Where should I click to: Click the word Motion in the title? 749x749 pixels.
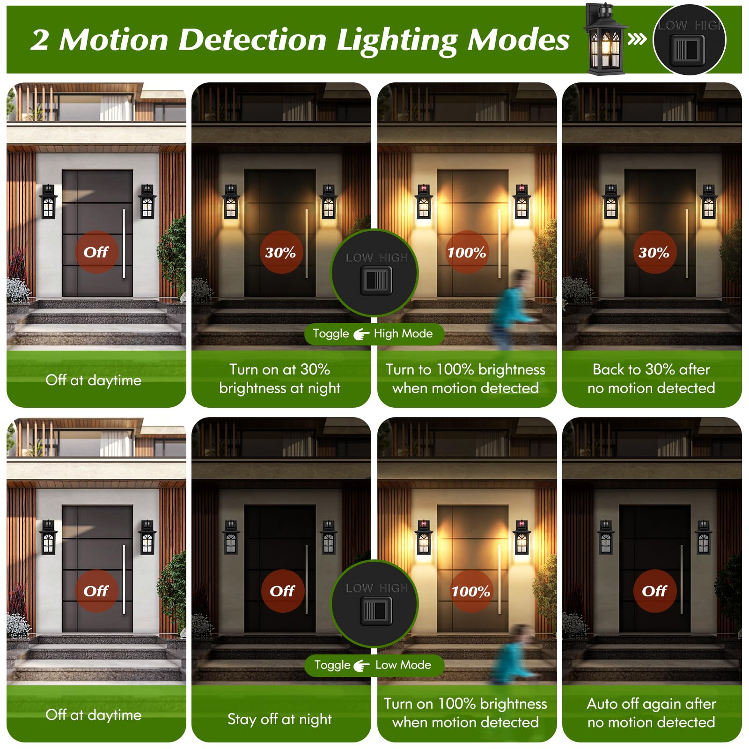(114, 39)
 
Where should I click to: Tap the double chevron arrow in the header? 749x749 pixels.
(637, 39)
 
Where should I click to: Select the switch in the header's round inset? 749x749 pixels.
(687, 49)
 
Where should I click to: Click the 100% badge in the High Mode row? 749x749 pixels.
(467, 252)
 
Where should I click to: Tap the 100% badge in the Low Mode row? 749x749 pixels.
(470, 591)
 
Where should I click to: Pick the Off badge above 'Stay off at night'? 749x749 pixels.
(282, 591)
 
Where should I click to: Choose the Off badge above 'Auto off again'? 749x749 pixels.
(654, 591)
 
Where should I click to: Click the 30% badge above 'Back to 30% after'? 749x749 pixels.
(654, 252)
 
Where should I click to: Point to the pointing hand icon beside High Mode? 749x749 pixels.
(361, 334)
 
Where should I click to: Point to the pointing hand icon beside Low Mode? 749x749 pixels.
(361, 665)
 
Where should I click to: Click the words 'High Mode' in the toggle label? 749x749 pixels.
(403, 334)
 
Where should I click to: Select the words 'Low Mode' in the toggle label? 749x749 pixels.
(403, 665)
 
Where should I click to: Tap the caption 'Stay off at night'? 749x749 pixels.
(279, 719)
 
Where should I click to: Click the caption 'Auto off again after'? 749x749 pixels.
(651, 704)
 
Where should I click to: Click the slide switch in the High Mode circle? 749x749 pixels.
(376, 281)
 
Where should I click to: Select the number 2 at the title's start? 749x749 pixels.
(40, 40)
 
